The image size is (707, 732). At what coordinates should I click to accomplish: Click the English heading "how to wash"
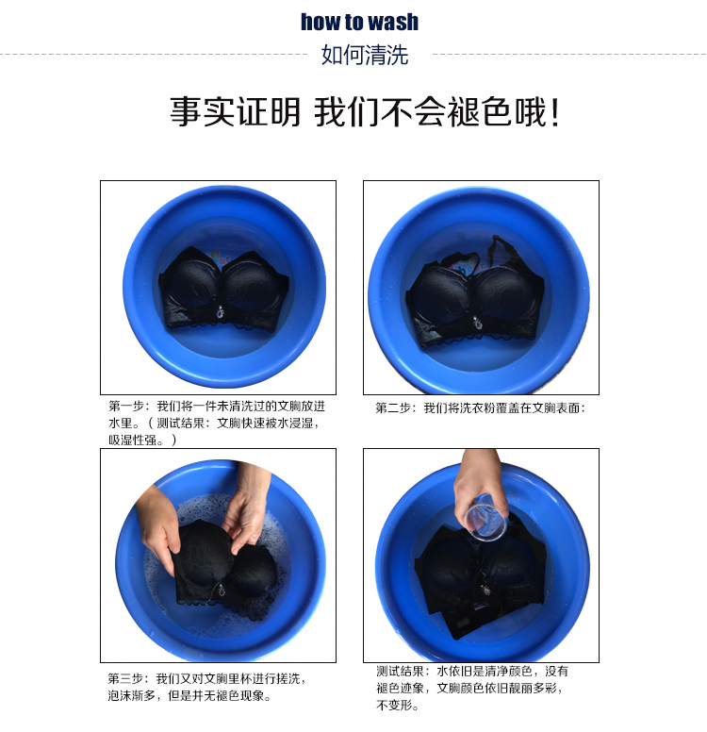pyautogui.click(x=359, y=22)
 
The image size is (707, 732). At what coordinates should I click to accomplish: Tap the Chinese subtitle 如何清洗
pyautogui.click(x=365, y=55)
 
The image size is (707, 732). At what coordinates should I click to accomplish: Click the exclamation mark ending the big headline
pyautogui.click(x=554, y=112)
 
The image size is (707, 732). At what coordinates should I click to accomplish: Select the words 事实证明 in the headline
pyautogui.click(x=236, y=112)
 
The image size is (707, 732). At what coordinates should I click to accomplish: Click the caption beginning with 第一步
pyautogui.click(x=217, y=423)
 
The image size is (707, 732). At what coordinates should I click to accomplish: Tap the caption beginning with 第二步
pyautogui.click(x=480, y=408)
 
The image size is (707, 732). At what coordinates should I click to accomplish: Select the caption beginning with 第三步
pyautogui.click(x=206, y=687)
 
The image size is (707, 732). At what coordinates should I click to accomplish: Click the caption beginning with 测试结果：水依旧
pyautogui.click(x=472, y=688)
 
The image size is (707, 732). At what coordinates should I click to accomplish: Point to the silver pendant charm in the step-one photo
pyautogui.click(x=220, y=312)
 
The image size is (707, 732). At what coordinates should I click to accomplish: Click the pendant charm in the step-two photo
pyautogui.click(x=476, y=322)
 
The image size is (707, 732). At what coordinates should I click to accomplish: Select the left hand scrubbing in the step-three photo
pyautogui.click(x=158, y=523)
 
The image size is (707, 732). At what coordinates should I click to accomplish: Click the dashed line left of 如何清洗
pyautogui.click(x=154, y=55)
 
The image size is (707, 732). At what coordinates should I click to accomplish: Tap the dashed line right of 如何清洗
pyautogui.click(x=569, y=55)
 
